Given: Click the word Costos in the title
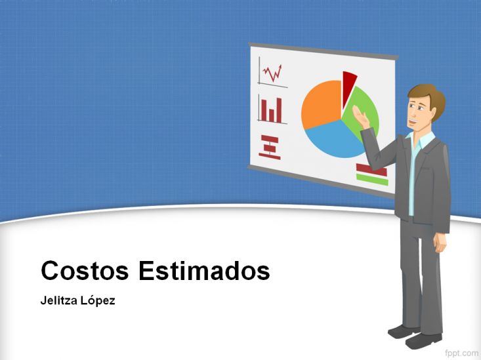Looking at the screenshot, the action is click(x=85, y=270).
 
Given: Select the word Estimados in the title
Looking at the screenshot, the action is click(x=204, y=270).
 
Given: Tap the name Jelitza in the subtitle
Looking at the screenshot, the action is click(x=58, y=300).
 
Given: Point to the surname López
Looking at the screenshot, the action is click(x=98, y=300).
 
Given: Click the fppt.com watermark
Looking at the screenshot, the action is click(x=462, y=353).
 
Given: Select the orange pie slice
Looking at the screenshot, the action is click(x=321, y=103).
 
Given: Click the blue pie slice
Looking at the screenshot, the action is click(x=335, y=140).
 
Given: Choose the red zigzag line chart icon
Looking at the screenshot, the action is click(x=272, y=73).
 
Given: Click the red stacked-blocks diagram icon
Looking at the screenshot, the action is click(x=270, y=147).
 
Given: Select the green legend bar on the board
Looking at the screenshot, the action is click(x=372, y=180).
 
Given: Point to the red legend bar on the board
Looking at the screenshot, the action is click(x=371, y=170).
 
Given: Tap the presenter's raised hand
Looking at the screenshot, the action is click(x=361, y=117).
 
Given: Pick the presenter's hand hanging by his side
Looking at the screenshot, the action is click(x=440, y=243).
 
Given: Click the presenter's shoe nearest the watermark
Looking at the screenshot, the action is click(x=423, y=341).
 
